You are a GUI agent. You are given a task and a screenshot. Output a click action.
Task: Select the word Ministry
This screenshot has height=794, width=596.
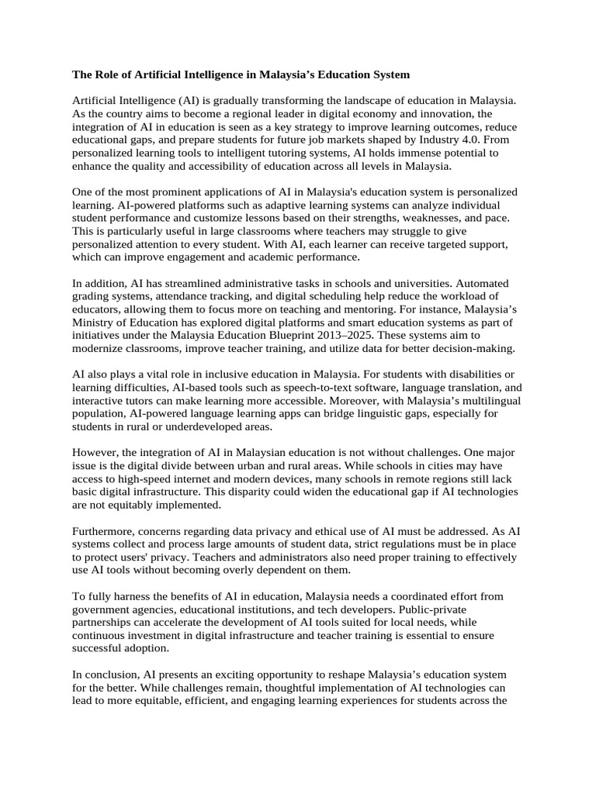(94, 323)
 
